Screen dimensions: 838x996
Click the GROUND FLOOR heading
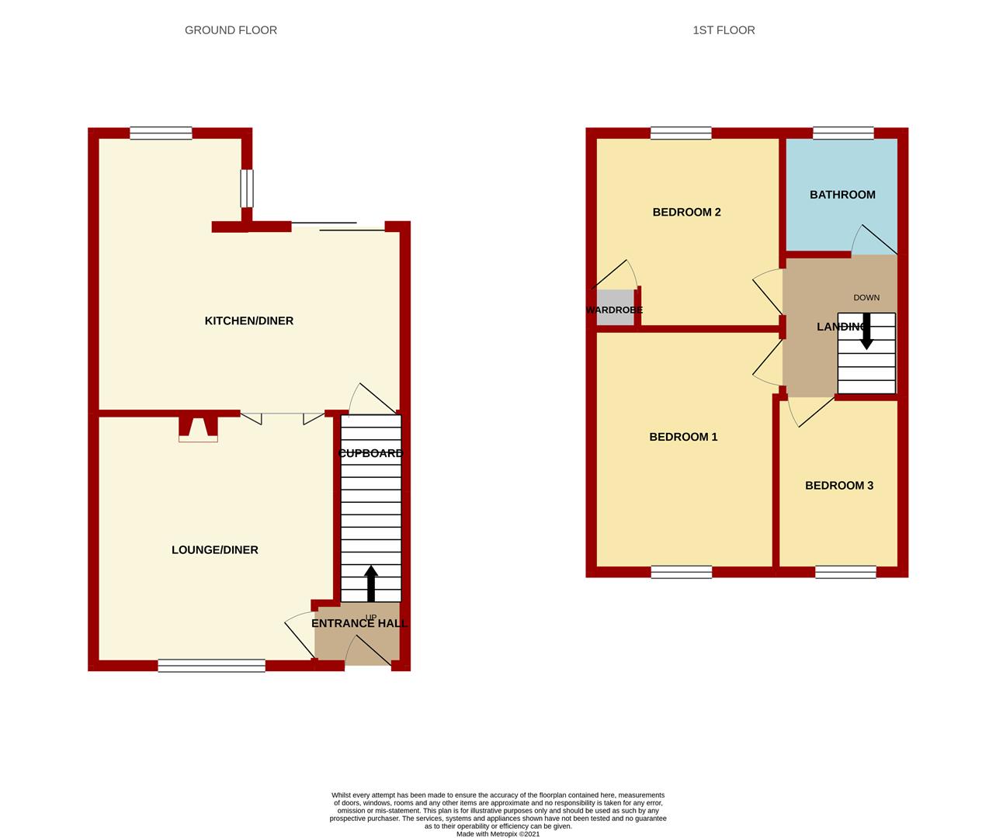(231, 30)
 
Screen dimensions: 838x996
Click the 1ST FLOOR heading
(724, 30)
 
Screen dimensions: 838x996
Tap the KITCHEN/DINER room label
(248, 320)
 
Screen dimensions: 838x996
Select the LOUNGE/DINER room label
(214, 549)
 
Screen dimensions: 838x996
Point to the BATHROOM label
(842, 195)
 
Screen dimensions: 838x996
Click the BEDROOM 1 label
(683, 437)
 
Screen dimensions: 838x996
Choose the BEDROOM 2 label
(686, 212)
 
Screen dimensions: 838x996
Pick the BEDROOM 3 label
(838, 486)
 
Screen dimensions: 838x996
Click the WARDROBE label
(614, 310)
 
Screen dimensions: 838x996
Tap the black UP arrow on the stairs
(371, 583)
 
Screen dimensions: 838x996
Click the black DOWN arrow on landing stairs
(866, 331)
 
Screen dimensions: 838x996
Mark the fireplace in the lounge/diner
(199, 429)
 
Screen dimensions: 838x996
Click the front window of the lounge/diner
(211, 665)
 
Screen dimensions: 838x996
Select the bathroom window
(843, 133)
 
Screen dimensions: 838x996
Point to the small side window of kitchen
(246, 189)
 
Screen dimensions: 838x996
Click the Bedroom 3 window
(845, 573)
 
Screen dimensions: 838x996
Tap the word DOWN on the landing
(866, 297)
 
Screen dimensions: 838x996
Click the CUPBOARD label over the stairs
(371, 453)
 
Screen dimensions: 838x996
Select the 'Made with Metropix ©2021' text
(498, 834)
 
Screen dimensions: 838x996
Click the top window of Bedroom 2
(681, 133)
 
